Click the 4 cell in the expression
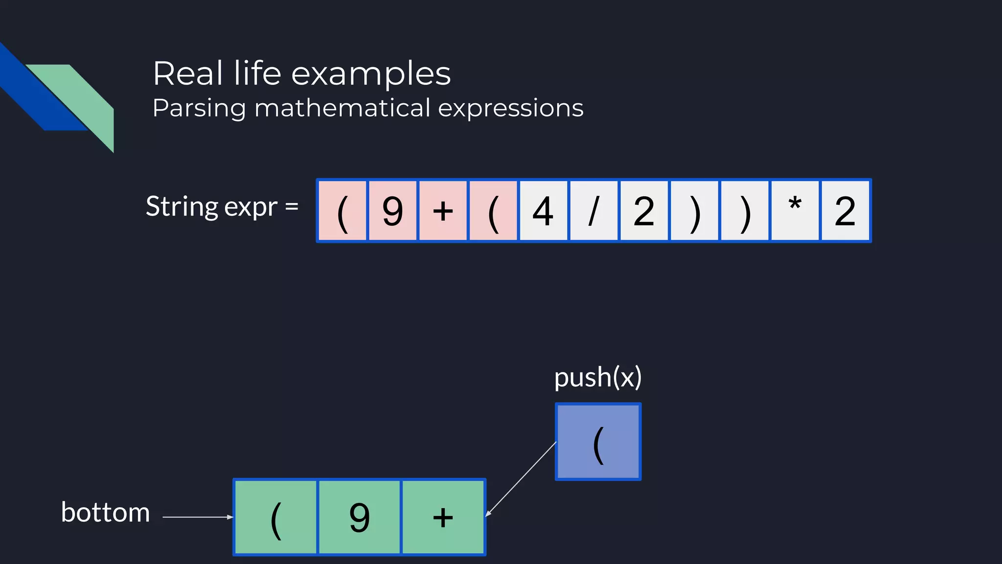coord(543,211)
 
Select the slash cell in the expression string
coord(593,211)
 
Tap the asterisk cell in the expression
coord(795,211)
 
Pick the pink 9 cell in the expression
coord(392,211)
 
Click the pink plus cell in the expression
coord(443,211)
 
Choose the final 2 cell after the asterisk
coord(845,211)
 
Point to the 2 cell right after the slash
coord(644,211)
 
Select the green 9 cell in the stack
coord(360,517)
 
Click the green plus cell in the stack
coord(443,517)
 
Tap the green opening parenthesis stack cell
coord(276,517)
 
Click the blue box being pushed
coord(598,442)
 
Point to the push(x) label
coord(598,377)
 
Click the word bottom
coord(105,513)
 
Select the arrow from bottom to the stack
coord(198,517)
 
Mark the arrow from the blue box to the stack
coord(521,479)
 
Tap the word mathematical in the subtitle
coord(342,108)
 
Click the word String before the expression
coord(182,207)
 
